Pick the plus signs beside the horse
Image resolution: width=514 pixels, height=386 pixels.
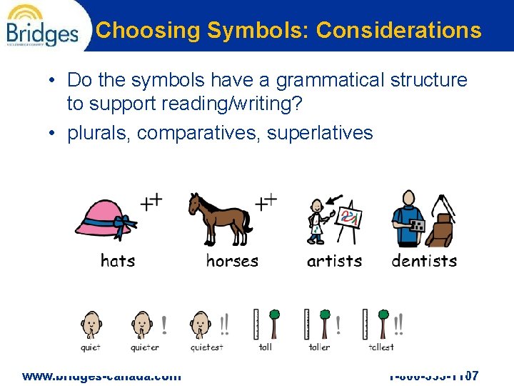[266, 202]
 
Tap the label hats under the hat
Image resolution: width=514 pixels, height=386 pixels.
[118, 261]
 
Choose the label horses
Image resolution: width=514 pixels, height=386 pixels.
[232, 261]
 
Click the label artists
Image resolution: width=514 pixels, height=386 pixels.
[334, 261]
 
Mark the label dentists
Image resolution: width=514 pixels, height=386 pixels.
[424, 261]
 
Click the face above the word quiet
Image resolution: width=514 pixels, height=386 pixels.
[91, 325]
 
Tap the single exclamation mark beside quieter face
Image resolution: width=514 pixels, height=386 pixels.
[165, 325]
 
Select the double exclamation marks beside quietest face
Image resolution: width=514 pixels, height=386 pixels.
[224, 325]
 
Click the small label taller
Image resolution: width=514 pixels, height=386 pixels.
[319, 347]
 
